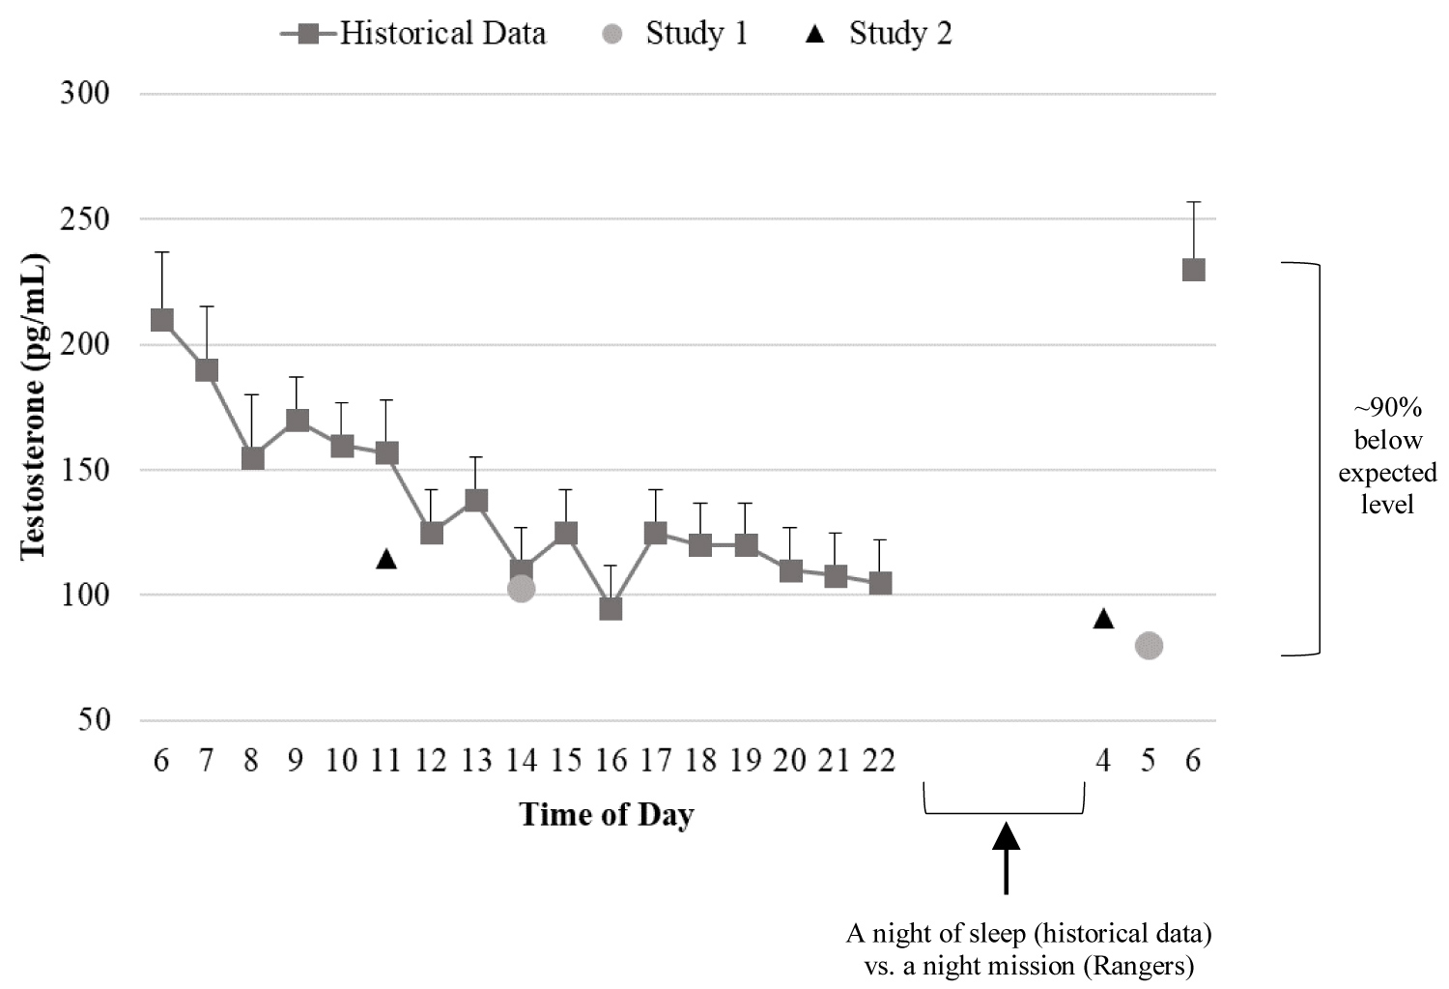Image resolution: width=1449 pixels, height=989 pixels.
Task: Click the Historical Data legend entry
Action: pos(413,34)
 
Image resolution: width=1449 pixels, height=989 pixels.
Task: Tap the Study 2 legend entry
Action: pos(879,34)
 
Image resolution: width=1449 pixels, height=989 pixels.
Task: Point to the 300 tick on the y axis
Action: pos(85,94)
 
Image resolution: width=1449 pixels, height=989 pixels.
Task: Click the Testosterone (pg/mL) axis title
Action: pos(34,406)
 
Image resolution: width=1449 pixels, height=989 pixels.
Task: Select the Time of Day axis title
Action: pos(607,814)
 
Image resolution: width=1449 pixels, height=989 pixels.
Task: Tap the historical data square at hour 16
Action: pos(611,609)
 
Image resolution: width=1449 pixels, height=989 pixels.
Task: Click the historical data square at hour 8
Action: pos(252,458)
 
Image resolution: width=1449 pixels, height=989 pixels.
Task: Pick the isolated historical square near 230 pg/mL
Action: pos(1194,270)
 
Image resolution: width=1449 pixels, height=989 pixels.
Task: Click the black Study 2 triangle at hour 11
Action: pos(386,559)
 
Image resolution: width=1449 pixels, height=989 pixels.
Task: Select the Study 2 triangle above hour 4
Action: pos(1104,619)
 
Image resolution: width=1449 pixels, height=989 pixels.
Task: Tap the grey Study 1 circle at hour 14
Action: pos(522,589)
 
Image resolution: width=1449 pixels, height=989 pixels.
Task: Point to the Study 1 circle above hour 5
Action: pos(1149,646)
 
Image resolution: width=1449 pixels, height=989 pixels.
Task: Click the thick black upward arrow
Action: pos(1007,856)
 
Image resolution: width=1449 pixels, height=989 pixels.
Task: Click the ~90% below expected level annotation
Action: pos(1387,456)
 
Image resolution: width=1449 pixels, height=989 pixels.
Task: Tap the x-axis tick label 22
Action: pos(878,762)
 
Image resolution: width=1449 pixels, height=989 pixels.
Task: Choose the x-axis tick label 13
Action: pos(476,762)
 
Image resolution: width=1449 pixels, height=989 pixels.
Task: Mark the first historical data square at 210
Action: pos(162,320)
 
